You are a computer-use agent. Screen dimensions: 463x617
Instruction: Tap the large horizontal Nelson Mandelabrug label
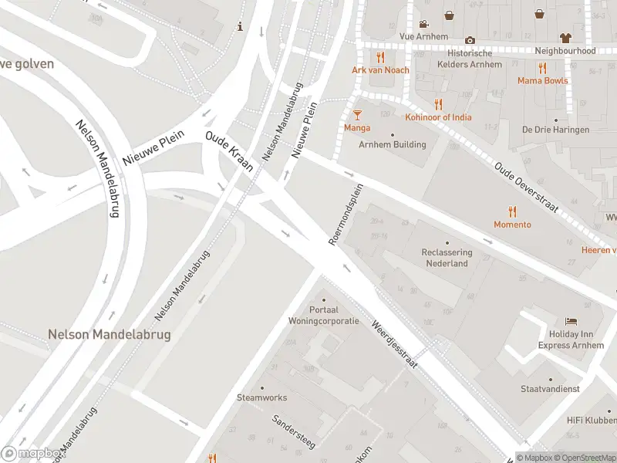(109, 335)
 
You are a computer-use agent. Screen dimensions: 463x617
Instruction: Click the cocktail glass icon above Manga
(357, 115)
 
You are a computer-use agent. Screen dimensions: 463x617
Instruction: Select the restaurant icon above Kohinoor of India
(439, 104)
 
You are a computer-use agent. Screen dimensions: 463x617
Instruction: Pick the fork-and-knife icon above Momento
(512, 211)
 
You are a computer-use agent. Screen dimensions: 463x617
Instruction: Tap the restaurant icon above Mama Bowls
(542, 67)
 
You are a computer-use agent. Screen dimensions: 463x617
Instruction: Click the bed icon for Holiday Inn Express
(571, 321)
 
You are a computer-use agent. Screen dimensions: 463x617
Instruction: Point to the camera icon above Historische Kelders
(470, 40)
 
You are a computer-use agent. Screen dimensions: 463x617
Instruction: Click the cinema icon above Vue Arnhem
(423, 23)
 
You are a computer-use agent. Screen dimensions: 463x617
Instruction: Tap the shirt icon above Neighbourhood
(565, 37)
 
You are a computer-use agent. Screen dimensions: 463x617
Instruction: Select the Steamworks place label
(261, 397)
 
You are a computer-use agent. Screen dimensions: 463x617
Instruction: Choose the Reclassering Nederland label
(446, 258)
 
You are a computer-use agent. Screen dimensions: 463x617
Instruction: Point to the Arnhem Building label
(392, 144)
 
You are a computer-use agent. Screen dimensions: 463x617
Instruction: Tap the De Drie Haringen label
(555, 130)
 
